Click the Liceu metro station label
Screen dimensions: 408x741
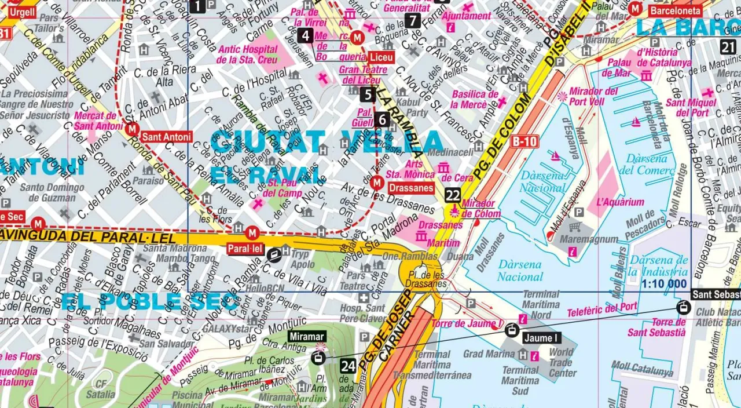381,57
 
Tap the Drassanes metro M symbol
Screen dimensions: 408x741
377,183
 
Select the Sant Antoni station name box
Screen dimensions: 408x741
166,137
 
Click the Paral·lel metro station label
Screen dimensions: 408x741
245,249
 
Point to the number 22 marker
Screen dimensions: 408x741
453,195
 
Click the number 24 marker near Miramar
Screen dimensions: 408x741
348,366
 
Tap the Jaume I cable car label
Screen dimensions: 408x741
541,338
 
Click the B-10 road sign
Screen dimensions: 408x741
524,141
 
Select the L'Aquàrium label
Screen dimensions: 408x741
620,202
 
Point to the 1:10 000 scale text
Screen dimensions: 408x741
664,284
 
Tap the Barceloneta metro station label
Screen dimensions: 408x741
675,10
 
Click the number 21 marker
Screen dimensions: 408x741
729,48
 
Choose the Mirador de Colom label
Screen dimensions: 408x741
478,209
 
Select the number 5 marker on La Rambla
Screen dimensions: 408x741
368,94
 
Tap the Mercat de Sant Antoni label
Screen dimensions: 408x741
96,120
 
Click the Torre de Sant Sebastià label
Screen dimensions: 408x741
656,327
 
